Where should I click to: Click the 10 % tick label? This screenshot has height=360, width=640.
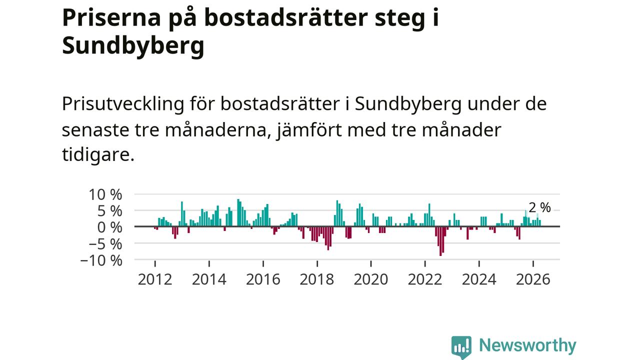(105, 195)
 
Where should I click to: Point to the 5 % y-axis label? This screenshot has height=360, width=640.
(109, 211)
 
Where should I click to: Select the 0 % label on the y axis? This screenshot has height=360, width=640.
(109, 227)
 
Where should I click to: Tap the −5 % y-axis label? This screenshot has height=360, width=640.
(105, 244)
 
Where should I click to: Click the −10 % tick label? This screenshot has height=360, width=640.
(101, 261)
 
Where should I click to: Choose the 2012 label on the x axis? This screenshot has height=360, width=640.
(155, 279)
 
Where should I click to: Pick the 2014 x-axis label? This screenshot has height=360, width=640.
(209, 279)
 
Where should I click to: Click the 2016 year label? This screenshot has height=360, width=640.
(263, 279)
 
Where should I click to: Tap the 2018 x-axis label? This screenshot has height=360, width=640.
(317, 279)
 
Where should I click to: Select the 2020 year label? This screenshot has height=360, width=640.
(371, 279)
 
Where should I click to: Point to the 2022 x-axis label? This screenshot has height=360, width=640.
(425, 279)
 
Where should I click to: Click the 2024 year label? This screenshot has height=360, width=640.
(479, 279)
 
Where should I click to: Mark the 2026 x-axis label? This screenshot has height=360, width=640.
(533, 279)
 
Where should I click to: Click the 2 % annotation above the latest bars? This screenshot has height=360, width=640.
(539, 207)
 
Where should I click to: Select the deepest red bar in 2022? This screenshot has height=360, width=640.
(440, 241)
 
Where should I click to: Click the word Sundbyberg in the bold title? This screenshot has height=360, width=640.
(133, 45)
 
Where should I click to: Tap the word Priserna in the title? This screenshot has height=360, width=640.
(111, 17)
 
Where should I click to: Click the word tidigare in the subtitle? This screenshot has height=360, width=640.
(98, 155)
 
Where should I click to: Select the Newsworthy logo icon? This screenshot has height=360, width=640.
(461, 347)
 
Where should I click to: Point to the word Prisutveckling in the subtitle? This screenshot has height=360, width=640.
(123, 104)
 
